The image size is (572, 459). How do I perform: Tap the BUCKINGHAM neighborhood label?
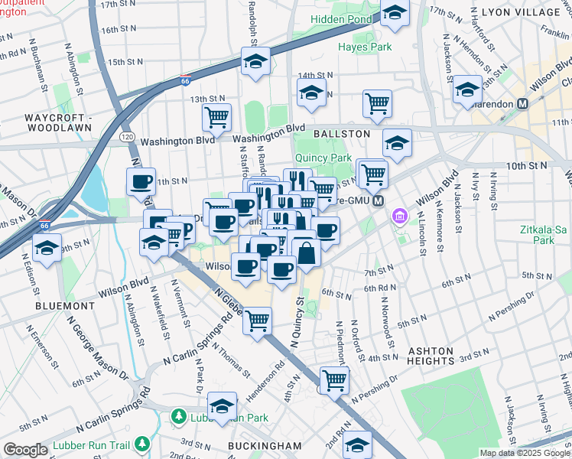click(x=264, y=445)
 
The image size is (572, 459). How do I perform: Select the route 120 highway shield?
click(x=127, y=137)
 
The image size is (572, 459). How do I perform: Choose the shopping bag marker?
click(x=306, y=253)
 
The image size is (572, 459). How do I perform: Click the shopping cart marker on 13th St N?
click(x=217, y=117)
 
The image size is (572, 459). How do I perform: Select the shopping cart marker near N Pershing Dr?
click(x=334, y=379)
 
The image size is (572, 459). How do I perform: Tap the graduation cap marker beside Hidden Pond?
click(x=395, y=13)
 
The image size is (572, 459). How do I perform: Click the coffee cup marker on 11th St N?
click(x=141, y=181)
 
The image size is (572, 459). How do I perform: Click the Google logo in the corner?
click(x=25, y=451)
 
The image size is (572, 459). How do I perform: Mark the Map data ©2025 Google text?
click(x=525, y=453)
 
